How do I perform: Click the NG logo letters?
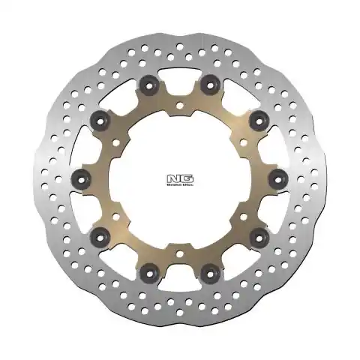coord(180,177)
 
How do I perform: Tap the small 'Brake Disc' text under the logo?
coord(180,184)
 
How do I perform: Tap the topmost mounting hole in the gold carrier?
coord(180,115)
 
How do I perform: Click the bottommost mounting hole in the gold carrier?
coord(180,242)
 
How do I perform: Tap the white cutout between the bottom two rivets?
coord(180,262)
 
